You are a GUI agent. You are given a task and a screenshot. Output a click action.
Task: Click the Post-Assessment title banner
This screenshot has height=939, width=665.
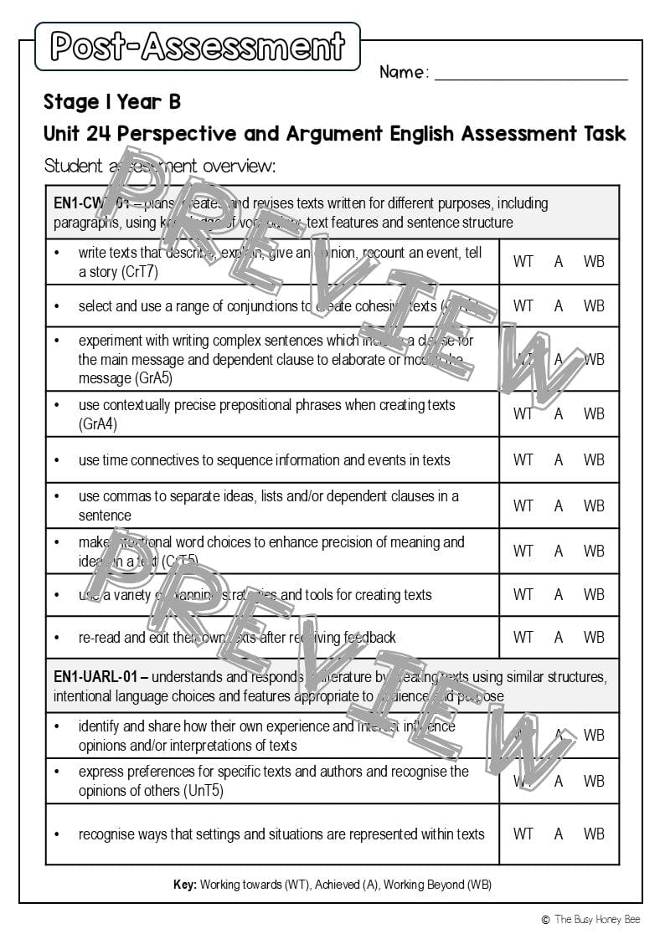tap(198, 47)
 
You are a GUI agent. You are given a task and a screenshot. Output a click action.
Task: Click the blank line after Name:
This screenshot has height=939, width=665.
tap(531, 74)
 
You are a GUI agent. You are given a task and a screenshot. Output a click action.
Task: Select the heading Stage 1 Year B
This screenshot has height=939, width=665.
tap(112, 103)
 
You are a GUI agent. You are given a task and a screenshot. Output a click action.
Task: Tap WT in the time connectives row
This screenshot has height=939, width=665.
tap(523, 459)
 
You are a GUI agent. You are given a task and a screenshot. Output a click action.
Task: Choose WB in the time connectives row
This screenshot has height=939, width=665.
tap(594, 459)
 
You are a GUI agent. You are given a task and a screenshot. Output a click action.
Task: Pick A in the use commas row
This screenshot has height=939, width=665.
tap(559, 505)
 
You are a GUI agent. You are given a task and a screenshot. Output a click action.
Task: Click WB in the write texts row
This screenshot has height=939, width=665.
tap(594, 261)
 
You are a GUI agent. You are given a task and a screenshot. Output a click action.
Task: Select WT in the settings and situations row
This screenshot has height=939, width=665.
tap(523, 834)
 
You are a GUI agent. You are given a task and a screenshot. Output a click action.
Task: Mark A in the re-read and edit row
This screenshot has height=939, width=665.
tap(559, 637)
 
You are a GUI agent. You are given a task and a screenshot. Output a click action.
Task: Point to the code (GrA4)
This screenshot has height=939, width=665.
tap(98, 424)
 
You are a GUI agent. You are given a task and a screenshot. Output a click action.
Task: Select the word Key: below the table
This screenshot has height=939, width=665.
tap(184, 885)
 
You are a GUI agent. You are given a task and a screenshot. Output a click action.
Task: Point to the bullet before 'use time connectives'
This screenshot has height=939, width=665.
tap(57, 460)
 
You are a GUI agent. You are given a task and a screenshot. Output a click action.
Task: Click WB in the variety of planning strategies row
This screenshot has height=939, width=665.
tap(594, 595)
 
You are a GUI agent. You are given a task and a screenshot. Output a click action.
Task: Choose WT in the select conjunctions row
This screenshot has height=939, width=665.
tap(523, 306)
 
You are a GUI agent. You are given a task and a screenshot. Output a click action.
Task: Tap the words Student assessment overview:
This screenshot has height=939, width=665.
tap(159, 166)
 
